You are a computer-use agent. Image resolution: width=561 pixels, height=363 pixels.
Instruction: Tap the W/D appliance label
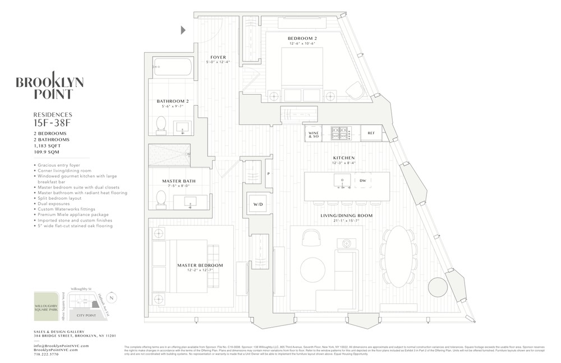tap(258, 204)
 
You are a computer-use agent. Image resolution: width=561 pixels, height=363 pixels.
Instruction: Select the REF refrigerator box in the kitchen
tap(371, 133)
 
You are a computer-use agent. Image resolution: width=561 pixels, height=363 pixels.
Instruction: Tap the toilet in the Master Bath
tap(161, 199)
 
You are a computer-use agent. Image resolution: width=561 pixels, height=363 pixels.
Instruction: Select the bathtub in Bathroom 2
tap(172, 67)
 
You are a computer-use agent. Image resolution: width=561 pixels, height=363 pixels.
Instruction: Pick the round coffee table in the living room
tap(312, 269)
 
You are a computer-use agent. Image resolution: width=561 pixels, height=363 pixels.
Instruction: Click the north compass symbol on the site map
tap(112, 297)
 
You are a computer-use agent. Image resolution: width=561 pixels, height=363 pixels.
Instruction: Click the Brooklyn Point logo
tap(50, 88)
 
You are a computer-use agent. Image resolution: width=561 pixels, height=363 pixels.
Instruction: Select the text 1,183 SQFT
tap(48, 145)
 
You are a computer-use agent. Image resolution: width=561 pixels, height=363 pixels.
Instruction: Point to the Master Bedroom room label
tap(200, 265)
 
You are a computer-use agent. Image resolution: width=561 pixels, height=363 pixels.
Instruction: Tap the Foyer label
tap(218, 57)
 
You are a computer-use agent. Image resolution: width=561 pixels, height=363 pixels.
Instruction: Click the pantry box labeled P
tap(268, 174)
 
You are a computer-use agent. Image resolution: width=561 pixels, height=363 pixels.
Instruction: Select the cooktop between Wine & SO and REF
tap(340, 133)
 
